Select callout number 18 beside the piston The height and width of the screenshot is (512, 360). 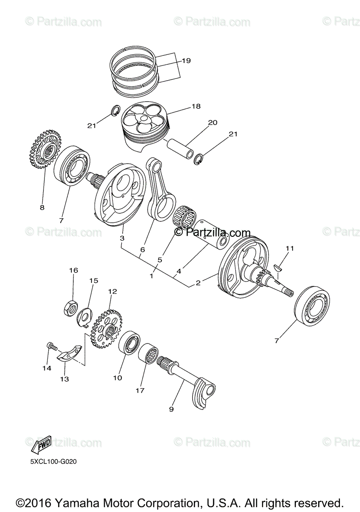[196, 106]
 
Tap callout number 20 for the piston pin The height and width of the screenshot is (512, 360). [212, 123]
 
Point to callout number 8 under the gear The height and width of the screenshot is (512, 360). [42, 208]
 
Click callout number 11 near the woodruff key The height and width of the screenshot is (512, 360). [290, 248]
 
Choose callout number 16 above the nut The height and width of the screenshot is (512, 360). [73, 271]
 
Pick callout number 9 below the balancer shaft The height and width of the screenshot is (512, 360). [171, 409]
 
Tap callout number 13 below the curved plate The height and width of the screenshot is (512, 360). [64, 378]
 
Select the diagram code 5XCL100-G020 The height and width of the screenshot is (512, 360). [53, 461]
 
